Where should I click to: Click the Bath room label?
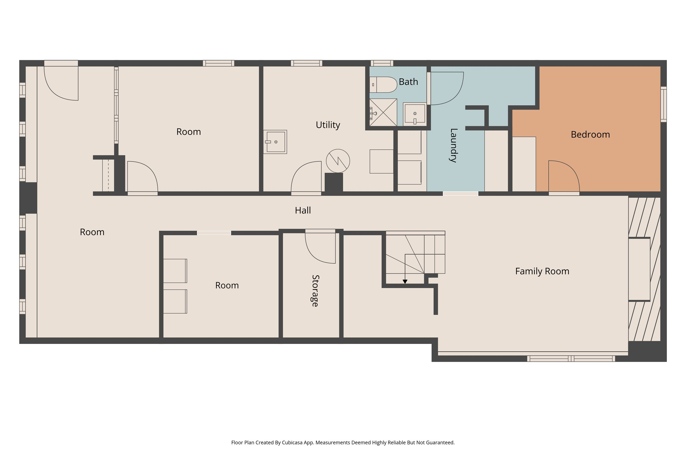pyautogui.click(x=408, y=82)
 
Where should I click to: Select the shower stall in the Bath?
pyautogui.click(x=383, y=112)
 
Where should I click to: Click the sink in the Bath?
pyautogui.click(x=414, y=113)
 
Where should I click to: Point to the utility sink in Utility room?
pyautogui.click(x=275, y=142)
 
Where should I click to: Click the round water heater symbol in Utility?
pyautogui.click(x=338, y=161)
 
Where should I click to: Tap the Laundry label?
pyautogui.click(x=453, y=145)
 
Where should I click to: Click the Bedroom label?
pyautogui.click(x=590, y=135)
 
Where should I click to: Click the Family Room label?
pyautogui.click(x=542, y=271)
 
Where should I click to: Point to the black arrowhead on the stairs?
pyautogui.click(x=405, y=282)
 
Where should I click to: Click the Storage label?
pyautogui.click(x=315, y=291)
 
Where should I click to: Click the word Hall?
pyautogui.click(x=303, y=210)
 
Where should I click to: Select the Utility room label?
pyautogui.click(x=328, y=125)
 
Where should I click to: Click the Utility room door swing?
pyautogui.click(x=306, y=177)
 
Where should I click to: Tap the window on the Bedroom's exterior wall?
pyautogui.click(x=663, y=104)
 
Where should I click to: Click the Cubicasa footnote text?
pyautogui.click(x=343, y=443)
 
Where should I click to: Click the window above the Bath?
pyautogui.click(x=382, y=63)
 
